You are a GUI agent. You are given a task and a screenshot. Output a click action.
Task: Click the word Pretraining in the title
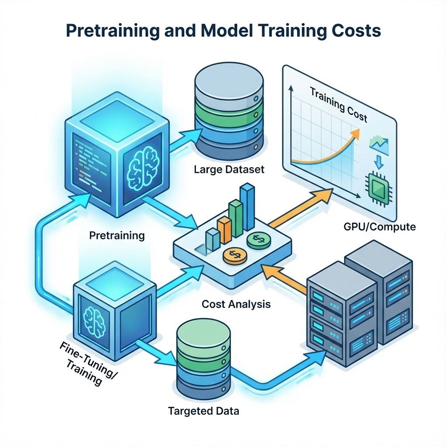(113, 31)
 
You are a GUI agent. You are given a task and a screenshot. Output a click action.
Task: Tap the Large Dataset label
(229, 169)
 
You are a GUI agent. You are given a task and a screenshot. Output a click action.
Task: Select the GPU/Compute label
(380, 227)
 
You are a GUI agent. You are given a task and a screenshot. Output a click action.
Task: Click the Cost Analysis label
(236, 304)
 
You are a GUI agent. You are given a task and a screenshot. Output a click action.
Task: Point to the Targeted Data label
(203, 411)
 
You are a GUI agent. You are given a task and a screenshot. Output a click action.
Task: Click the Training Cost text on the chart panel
(338, 105)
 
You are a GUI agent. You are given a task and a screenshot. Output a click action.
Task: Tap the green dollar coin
(259, 240)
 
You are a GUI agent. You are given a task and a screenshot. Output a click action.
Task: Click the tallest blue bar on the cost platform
(247, 206)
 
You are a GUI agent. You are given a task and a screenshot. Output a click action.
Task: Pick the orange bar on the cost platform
(224, 230)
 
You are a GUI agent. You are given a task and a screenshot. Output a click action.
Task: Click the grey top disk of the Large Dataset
(229, 85)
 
